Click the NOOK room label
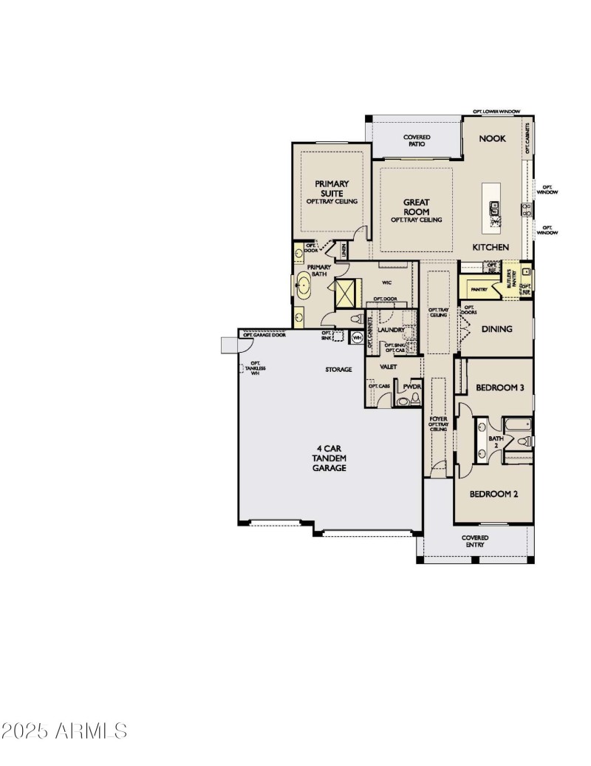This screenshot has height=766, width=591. point(492,138)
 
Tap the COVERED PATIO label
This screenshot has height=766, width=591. point(417,140)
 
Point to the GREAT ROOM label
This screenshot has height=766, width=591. point(416,206)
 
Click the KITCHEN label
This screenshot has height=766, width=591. point(491,247)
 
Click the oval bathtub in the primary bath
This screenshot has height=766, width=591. point(304,285)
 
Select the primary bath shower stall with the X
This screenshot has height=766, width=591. point(346,292)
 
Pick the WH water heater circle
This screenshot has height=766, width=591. point(357,337)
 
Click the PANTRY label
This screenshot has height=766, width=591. point(478,290)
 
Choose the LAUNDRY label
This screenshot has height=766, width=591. point(391,330)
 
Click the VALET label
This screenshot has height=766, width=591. point(389,367)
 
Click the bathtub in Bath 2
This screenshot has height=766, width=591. point(513,425)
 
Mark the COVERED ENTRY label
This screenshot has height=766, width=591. point(475,541)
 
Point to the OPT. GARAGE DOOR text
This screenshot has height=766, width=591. point(264,335)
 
